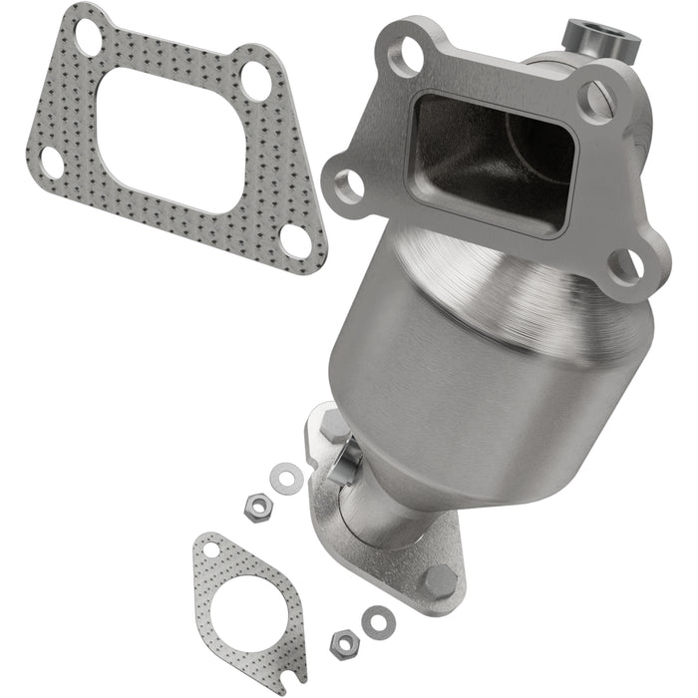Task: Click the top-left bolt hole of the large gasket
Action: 88,37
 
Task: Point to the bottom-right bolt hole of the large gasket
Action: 295,239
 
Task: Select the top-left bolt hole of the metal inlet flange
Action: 404,58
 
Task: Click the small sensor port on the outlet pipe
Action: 349,461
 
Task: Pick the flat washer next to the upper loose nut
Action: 287,477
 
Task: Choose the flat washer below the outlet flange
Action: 378,622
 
